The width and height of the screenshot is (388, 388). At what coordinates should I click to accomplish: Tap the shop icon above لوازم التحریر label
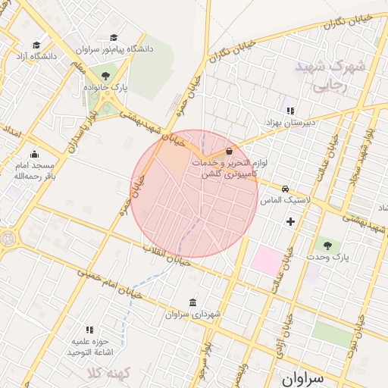tap(229, 152)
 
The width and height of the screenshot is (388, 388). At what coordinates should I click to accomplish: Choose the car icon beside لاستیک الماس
tap(285, 189)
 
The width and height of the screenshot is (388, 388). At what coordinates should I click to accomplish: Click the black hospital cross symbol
tap(290, 221)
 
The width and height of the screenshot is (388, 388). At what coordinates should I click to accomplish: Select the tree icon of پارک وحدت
tap(327, 246)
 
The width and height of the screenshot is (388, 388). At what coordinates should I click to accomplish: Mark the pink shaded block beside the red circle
tap(266, 260)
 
